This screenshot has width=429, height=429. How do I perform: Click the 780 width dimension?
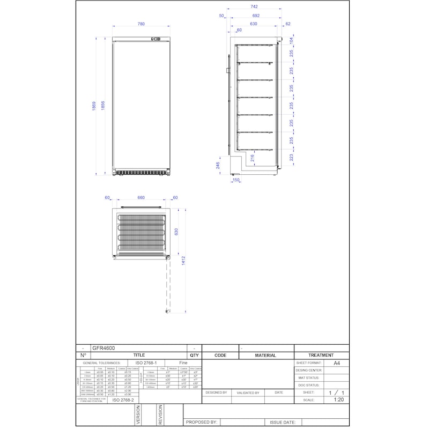(141, 24)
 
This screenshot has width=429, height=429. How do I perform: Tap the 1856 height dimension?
(103, 106)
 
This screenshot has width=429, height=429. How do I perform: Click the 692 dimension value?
(255, 16)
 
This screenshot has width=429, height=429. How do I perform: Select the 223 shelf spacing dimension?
(291, 157)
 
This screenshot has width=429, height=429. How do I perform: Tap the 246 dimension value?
(218, 166)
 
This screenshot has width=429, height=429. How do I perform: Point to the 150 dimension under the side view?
(235, 180)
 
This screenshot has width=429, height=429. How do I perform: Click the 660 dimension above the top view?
(141, 198)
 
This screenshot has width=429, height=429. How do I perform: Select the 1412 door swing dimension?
(183, 260)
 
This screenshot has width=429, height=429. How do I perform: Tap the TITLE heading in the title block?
(139, 355)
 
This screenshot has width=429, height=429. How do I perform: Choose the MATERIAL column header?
(265, 355)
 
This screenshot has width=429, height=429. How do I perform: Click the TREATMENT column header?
(321, 355)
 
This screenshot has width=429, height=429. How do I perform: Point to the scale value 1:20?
(339, 400)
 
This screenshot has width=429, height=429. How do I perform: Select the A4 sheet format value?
(337, 363)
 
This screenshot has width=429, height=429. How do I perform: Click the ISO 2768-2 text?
(123, 400)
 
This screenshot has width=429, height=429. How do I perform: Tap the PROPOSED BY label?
(201, 422)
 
